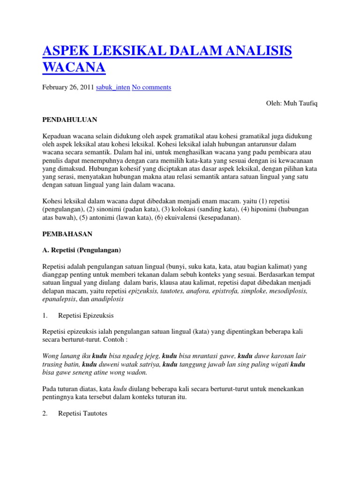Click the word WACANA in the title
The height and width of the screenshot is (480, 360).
(x=74, y=67)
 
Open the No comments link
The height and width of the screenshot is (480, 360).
(x=151, y=87)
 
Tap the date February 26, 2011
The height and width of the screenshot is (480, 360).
(x=68, y=87)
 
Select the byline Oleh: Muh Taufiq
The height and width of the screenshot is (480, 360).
(x=291, y=103)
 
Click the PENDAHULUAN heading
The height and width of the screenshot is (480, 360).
(x=70, y=120)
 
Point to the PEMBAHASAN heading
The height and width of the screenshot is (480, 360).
(x=67, y=233)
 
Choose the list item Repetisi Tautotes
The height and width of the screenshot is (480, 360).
(x=82, y=414)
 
